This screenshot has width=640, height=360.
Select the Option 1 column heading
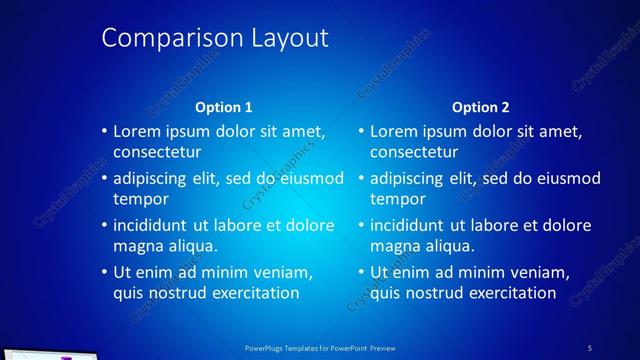tap(223, 107)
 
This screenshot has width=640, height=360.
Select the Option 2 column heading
tap(480, 107)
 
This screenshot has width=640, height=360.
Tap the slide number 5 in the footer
tap(589, 348)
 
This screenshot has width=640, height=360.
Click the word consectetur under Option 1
tap(157, 153)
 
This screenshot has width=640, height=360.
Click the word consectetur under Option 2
tap(414, 153)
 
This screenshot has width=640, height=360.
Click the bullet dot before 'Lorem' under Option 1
tap(105, 131)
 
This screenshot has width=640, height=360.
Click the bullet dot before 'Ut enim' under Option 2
tap(362, 273)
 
